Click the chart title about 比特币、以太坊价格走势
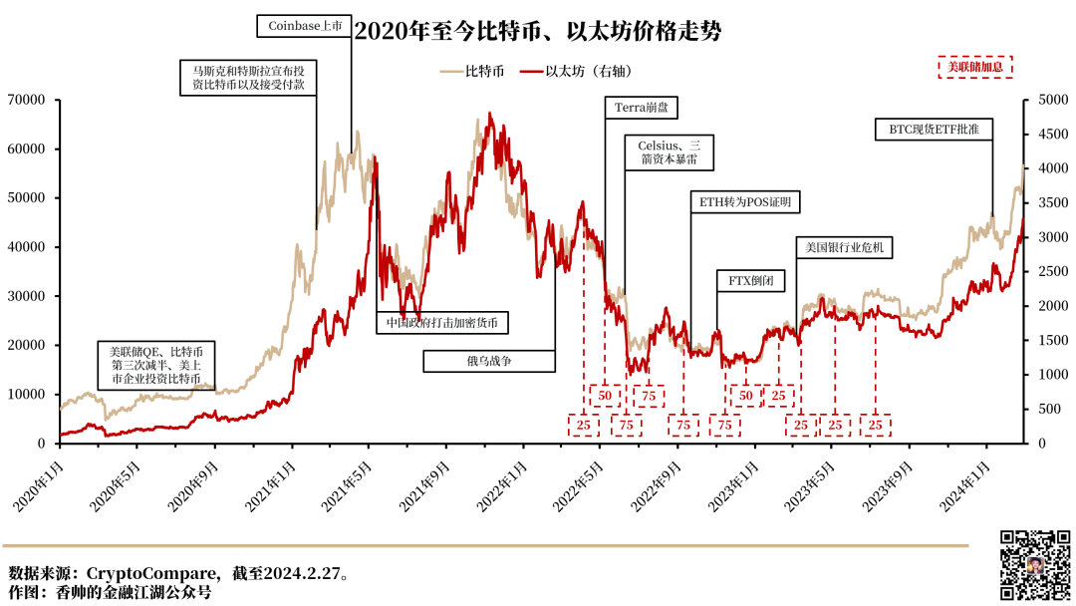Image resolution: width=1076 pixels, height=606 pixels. pos(538,32)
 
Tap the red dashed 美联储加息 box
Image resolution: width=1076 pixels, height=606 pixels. pos(975,67)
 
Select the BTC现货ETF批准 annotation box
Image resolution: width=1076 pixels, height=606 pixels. pos(934,129)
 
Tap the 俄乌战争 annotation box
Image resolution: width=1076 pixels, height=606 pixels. pos(488,360)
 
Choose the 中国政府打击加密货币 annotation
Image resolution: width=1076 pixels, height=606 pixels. pos(442,322)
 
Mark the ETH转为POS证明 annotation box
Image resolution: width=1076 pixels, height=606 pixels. pos(744,202)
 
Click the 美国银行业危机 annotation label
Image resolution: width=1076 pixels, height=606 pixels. pos(844,247)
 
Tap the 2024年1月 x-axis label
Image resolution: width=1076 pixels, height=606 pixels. pos(966,484)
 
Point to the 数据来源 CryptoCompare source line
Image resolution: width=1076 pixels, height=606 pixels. pos(179,574)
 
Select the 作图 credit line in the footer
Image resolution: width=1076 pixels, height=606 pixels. pos(111,592)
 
